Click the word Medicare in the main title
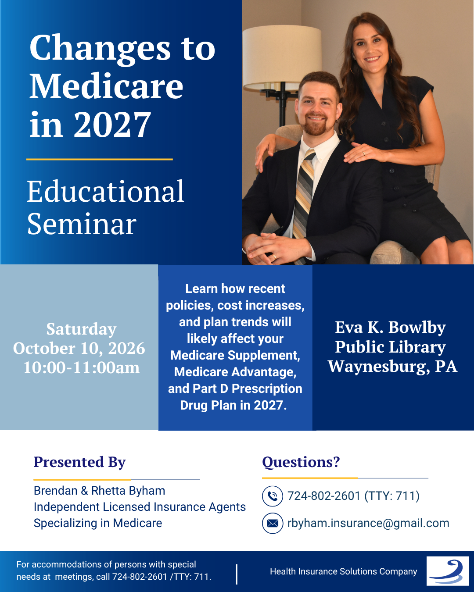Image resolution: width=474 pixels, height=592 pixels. coord(106,86)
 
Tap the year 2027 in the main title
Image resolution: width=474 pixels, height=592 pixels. coord(112,125)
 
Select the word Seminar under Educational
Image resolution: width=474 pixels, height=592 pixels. coord(82,224)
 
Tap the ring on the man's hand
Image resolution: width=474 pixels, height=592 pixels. coord(274,257)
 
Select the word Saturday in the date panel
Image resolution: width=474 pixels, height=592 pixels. coord(81,329)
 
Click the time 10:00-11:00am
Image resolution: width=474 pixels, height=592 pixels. coord(82,367)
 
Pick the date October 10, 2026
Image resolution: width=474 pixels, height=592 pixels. coord(79,348)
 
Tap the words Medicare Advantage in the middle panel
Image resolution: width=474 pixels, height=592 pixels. coord(235,372)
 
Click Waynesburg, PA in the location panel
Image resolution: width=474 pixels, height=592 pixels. coord(392,367)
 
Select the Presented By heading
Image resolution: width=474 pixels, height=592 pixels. coord(79,462)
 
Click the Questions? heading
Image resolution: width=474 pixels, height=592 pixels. coord(301,462)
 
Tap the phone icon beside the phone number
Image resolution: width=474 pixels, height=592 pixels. coord(273,496)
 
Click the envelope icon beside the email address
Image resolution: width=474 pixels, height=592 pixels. coord(273,523)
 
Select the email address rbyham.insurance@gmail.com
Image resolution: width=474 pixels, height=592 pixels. coord(368,523)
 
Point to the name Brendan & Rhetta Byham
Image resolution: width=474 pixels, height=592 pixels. coord(100,491)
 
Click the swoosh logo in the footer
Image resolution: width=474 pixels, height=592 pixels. coord(448,571)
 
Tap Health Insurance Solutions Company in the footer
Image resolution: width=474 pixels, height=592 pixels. coord(344,571)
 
